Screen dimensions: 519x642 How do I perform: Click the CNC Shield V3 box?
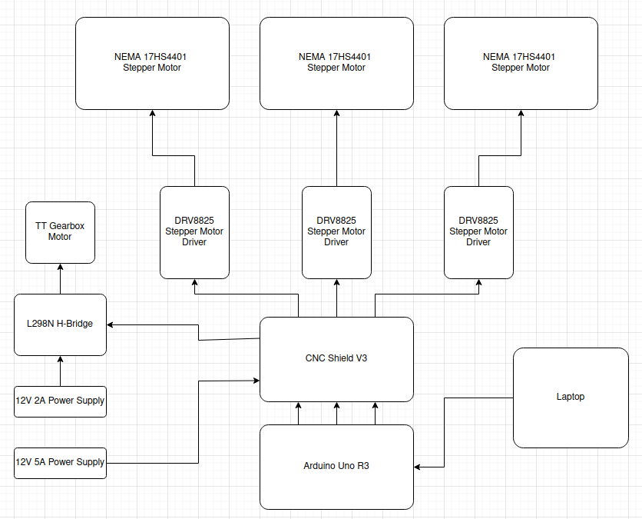[336, 359]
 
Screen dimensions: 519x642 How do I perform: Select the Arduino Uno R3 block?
[336, 467]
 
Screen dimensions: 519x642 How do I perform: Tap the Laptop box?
[570, 398]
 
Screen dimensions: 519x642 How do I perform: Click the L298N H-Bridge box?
[60, 324]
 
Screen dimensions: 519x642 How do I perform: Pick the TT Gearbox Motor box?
[60, 232]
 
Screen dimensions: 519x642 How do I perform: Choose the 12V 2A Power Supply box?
[60, 401]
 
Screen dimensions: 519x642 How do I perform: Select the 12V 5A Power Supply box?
[60, 463]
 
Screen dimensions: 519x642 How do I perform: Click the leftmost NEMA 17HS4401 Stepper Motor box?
[152, 63]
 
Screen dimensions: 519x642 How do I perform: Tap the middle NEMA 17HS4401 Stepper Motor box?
[336, 63]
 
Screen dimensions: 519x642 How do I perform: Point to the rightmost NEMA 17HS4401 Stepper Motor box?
[521, 63]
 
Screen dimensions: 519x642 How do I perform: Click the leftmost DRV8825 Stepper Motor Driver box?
[194, 232]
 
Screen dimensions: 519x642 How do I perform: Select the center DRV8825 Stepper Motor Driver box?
[336, 232]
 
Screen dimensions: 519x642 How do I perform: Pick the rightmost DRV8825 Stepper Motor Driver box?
[478, 232]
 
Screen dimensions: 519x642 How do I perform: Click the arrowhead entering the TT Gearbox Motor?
[60, 268]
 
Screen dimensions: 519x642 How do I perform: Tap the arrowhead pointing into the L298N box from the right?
[111, 324]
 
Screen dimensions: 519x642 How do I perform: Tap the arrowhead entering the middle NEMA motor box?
[336, 114]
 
